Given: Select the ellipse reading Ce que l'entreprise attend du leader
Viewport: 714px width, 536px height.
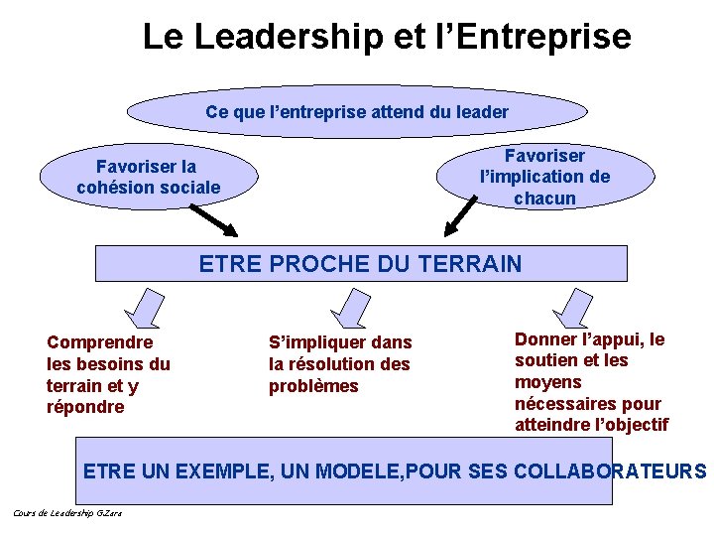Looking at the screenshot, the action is tap(357, 112).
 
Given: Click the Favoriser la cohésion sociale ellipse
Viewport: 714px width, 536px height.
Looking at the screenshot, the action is tap(149, 177).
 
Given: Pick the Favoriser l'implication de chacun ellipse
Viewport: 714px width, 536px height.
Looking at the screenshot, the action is tap(544, 176).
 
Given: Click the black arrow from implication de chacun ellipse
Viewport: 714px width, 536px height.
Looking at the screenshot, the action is tap(466, 217).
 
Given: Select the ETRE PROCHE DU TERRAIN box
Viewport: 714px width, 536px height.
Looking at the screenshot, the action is tap(361, 264).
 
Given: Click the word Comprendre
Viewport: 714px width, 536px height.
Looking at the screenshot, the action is tap(100, 342).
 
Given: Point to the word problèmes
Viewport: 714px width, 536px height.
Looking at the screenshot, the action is tap(313, 386).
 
